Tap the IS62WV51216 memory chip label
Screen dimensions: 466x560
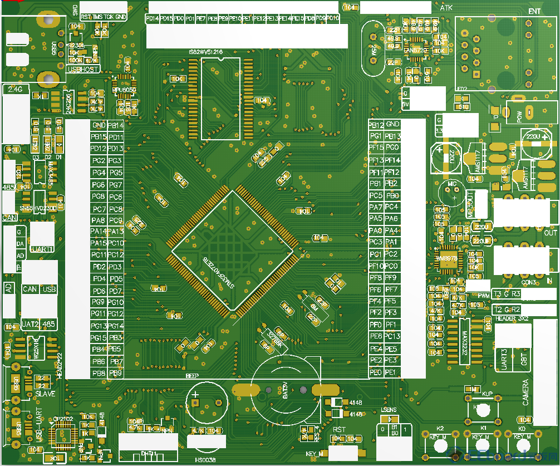[205, 52]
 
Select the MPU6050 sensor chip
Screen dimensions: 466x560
[124, 89]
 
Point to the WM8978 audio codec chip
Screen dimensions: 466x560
[450, 258]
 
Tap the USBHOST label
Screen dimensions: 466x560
[82, 69]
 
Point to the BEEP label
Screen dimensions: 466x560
[192, 376]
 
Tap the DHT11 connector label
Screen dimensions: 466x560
[148, 453]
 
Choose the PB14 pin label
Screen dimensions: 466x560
[116, 125]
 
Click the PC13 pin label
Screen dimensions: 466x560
[392, 336]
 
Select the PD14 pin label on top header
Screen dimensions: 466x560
[152, 18]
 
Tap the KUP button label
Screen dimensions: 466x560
[487, 394]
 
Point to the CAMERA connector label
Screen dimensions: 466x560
[525, 392]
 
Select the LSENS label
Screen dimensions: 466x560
[389, 410]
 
